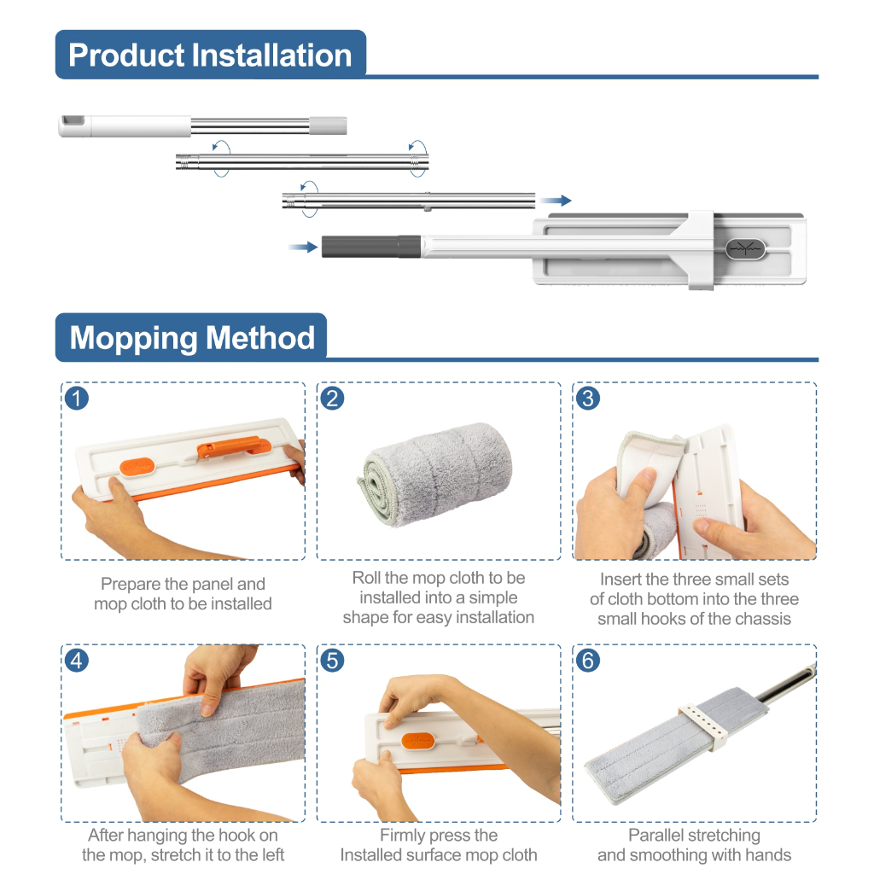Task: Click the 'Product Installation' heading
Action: pos(210,55)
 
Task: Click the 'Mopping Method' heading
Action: pos(192,338)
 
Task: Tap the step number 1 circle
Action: pos(77,399)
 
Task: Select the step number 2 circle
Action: pos(332,399)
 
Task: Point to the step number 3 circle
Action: pos(588,399)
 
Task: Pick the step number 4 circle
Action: pos(77,661)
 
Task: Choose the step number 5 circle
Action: pos(332,661)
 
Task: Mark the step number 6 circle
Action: pos(588,661)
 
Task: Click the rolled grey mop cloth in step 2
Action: pos(435,475)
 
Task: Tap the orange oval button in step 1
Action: pos(137,467)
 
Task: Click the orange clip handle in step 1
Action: pos(234,447)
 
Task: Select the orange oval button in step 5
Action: pos(417,741)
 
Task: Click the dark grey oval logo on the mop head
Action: pos(745,248)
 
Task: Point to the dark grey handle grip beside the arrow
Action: pos(370,247)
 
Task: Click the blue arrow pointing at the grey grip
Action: pos(303,247)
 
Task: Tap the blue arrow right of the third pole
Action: pos(556,200)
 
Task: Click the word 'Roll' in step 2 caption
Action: pos(365,578)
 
